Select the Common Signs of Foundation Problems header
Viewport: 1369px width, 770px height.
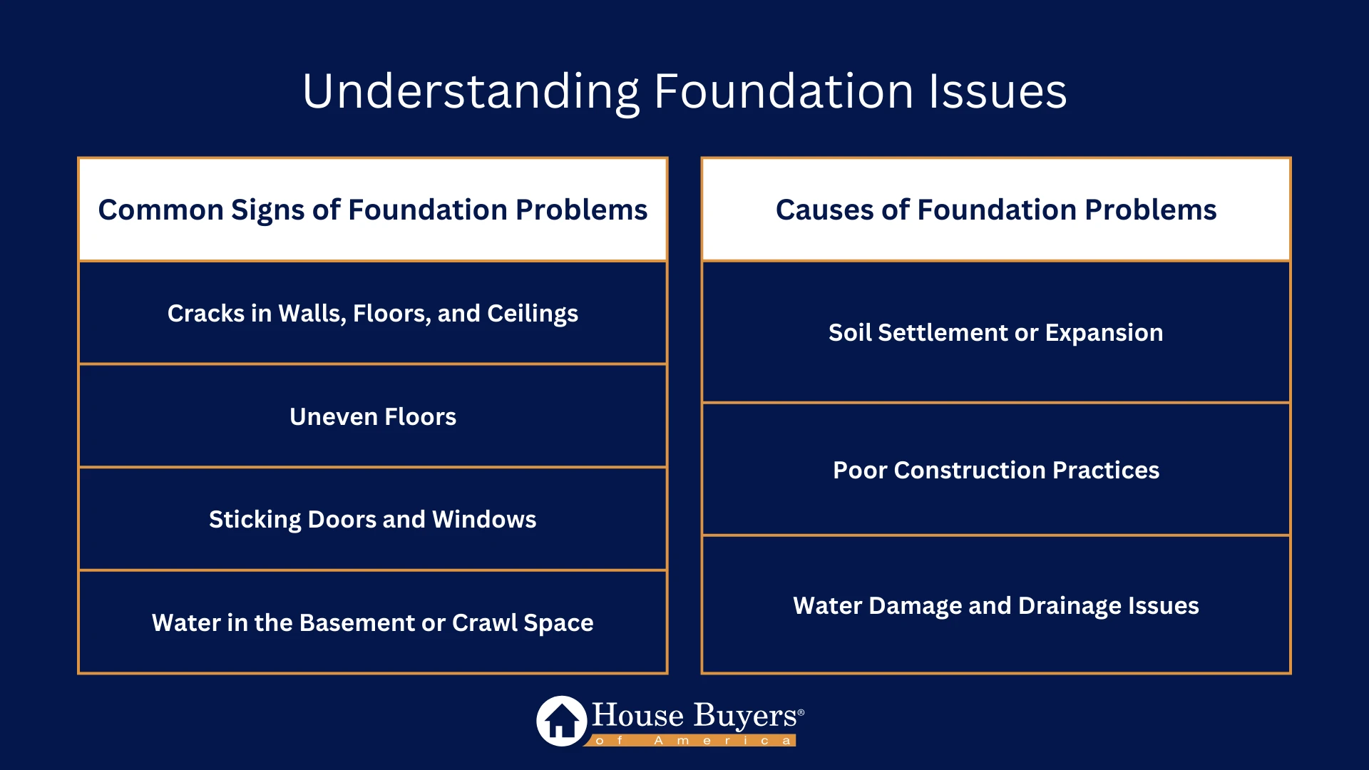[373, 210]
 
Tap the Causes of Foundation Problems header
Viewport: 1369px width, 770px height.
[996, 210]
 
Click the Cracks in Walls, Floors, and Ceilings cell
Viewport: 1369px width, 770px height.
[373, 314]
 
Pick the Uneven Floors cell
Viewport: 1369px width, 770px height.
[373, 416]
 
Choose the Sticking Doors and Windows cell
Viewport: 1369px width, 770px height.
[373, 519]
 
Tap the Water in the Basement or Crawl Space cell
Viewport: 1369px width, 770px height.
[373, 622]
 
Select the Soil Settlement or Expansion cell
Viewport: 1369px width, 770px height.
[996, 333]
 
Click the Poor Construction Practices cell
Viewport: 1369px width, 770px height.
[996, 471]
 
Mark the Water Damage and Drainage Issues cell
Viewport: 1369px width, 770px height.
[996, 606]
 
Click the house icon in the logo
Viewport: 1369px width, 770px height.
[562, 721]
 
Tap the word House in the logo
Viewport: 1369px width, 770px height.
[637, 715]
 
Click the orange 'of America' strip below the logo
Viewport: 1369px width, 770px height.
[692, 741]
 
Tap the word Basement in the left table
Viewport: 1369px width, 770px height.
[357, 622]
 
